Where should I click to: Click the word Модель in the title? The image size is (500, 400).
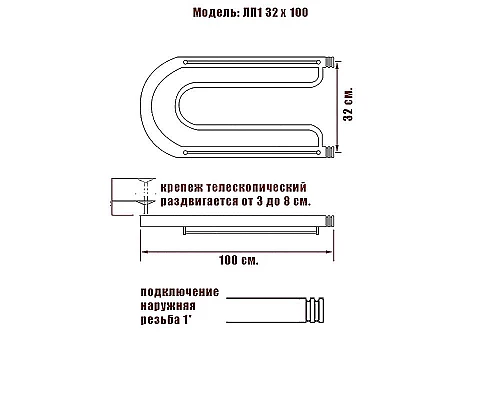click(x=214, y=16)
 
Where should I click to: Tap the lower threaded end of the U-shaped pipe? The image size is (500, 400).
click(x=328, y=153)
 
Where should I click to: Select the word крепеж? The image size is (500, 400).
click(x=182, y=187)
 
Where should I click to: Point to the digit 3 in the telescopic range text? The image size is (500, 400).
click(x=267, y=201)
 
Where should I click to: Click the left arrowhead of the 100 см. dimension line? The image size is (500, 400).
click(x=142, y=246)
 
